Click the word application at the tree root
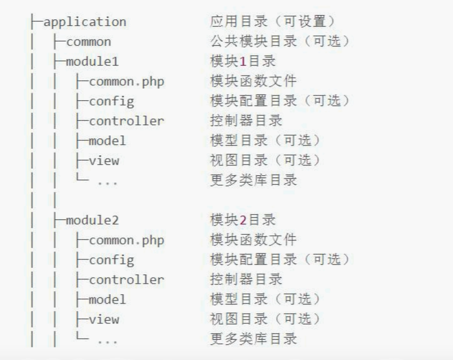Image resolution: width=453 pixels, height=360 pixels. pyautogui.click(x=84, y=22)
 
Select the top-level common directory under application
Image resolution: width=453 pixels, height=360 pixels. pyautogui.click(x=88, y=42)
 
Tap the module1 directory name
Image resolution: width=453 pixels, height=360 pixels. pyautogui.click(x=92, y=62)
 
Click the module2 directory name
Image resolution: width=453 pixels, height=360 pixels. pyautogui.click(x=92, y=220)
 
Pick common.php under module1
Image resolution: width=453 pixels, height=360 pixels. pyautogui.click(x=126, y=81)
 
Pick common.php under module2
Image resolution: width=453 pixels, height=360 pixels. pyautogui.click(x=126, y=240)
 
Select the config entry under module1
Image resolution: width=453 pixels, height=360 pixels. pyautogui.click(x=111, y=101)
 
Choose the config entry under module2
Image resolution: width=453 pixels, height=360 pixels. pyautogui.click(x=111, y=260)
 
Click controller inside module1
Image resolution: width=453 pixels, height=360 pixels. pyautogui.click(x=126, y=121)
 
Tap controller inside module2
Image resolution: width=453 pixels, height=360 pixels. pyautogui.click(x=126, y=280)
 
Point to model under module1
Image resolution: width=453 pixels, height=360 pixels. pyautogui.click(x=107, y=141)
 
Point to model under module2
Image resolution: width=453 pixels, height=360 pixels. pyautogui.click(x=107, y=300)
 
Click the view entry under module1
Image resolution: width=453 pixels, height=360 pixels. pyautogui.click(x=103, y=161)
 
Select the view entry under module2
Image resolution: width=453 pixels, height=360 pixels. pyautogui.click(x=103, y=319)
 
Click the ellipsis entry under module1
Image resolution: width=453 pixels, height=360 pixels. pyautogui.click(x=107, y=182)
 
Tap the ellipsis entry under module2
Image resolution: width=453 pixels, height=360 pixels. pyautogui.click(x=107, y=341)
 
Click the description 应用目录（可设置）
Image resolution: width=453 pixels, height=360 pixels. pyautogui.click(x=273, y=22)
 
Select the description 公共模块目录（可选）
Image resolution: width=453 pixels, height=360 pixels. pyautogui.click(x=280, y=42)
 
